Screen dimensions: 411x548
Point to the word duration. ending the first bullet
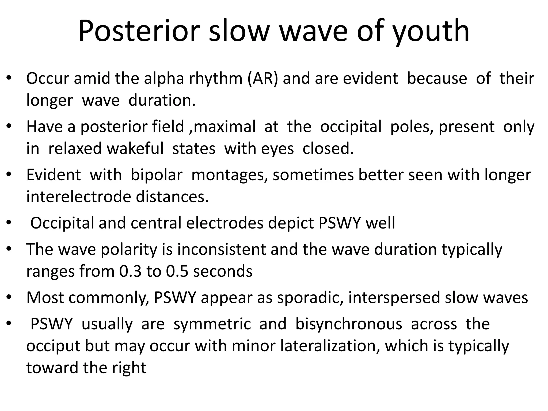tap(162, 101)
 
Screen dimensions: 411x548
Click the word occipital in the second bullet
tap(351, 127)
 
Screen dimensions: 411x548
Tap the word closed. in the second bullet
tap(328, 149)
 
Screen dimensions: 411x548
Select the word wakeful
tap(135, 149)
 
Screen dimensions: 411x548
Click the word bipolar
tap(156, 175)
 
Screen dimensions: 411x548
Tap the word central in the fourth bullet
tap(156, 223)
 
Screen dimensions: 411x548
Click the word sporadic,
tap(310, 298)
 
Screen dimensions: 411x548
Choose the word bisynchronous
tap(349, 324)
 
